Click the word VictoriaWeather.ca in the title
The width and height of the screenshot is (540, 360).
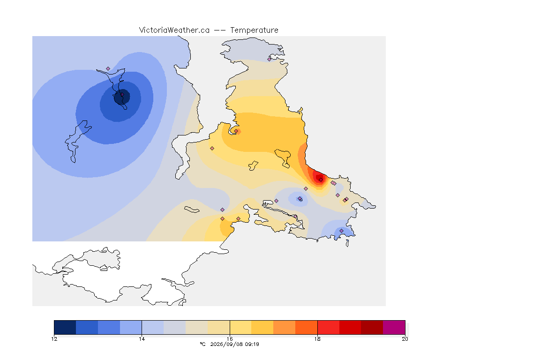click(x=174, y=30)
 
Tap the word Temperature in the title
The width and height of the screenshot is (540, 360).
click(x=254, y=30)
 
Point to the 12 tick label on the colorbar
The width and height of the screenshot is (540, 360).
click(x=54, y=339)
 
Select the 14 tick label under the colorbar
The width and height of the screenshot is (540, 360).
click(x=142, y=339)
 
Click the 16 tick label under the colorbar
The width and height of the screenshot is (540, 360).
click(x=230, y=339)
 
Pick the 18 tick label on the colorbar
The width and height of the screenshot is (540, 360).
click(x=317, y=339)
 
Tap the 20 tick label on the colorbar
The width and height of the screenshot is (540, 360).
click(x=405, y=339)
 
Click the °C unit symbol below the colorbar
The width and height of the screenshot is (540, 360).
click(x=202, y=344)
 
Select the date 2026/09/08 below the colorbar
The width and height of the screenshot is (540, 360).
click(x=225, y=344)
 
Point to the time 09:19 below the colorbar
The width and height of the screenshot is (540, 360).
click(x=251, y=344)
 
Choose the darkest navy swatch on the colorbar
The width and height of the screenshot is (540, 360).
click(x=65, y=327)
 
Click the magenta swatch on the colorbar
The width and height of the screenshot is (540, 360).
click(x=394, y=327)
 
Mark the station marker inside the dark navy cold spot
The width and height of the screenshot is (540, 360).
click(x=122, y=94)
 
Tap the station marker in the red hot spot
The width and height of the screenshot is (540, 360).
click(x=321, y=180)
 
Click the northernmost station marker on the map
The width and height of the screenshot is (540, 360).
click(x=270, y=59)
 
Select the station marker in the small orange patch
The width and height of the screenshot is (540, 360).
click(x=236, y=131)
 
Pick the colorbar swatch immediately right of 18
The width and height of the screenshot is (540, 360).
click(x=328, y=327)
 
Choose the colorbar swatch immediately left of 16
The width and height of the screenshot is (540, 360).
click(x=219, y=327)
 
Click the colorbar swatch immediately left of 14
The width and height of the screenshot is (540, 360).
click(x=131, y=327)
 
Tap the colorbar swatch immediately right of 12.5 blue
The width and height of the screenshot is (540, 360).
click(x=109, y=327)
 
